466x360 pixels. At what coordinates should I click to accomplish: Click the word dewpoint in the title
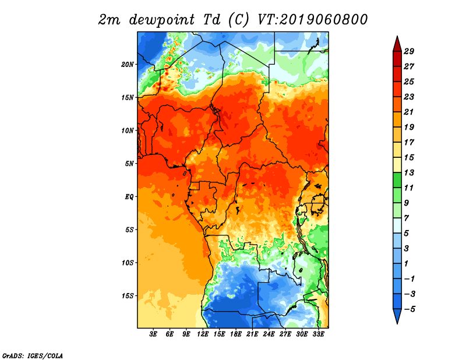click(162, 20)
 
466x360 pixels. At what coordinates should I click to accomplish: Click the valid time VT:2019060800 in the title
click(313, 20)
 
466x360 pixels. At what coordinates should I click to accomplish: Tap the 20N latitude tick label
click(128, 65)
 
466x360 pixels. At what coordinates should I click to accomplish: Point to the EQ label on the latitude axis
click(129, 197)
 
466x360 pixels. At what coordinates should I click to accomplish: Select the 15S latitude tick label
click(128, 296)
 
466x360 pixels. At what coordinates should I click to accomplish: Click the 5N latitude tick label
click(129, 164)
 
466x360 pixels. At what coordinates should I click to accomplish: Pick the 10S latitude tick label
click(128, 263)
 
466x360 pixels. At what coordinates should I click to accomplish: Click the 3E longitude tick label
click(153, 334)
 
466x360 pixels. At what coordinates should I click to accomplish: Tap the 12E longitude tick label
click(203, 334)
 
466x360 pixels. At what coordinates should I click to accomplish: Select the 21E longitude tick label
click(252, 334)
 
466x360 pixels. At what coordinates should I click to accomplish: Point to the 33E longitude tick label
click(318, 334)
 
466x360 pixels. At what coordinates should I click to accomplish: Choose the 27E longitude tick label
click(285, 334)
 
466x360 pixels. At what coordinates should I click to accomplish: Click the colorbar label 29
click(409, 51)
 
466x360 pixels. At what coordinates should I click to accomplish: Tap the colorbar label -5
click(409, 309)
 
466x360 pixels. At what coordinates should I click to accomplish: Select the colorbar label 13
click(409, 172)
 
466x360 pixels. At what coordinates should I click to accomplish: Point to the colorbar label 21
click(409, 112)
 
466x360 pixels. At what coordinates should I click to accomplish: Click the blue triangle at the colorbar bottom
click(397, 315)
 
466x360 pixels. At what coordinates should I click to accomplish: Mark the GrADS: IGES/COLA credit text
click(33, 356)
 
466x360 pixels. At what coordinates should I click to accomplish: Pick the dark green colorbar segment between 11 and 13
click(397, 180)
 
